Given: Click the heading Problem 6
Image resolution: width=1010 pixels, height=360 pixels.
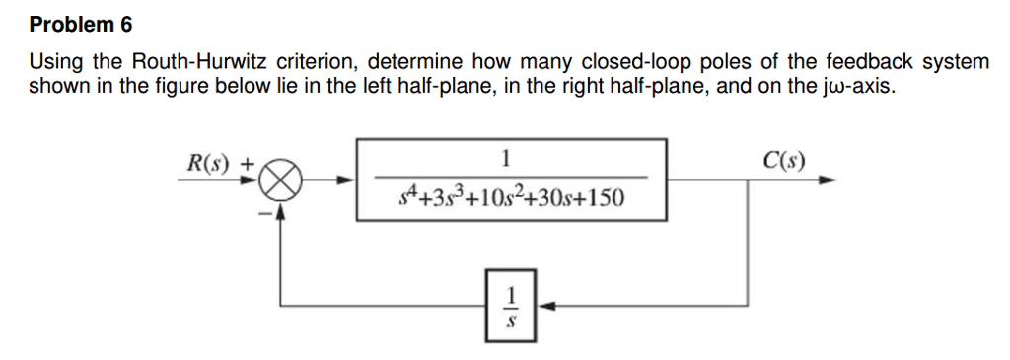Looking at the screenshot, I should [x=80, y=23].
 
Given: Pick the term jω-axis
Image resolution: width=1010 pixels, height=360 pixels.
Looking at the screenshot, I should [x=858, y=86].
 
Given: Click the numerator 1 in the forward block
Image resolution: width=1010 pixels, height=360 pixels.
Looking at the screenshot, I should [x=505, y=159].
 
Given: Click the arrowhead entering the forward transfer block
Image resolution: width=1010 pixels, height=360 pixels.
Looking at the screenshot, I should [x=344, y=180].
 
